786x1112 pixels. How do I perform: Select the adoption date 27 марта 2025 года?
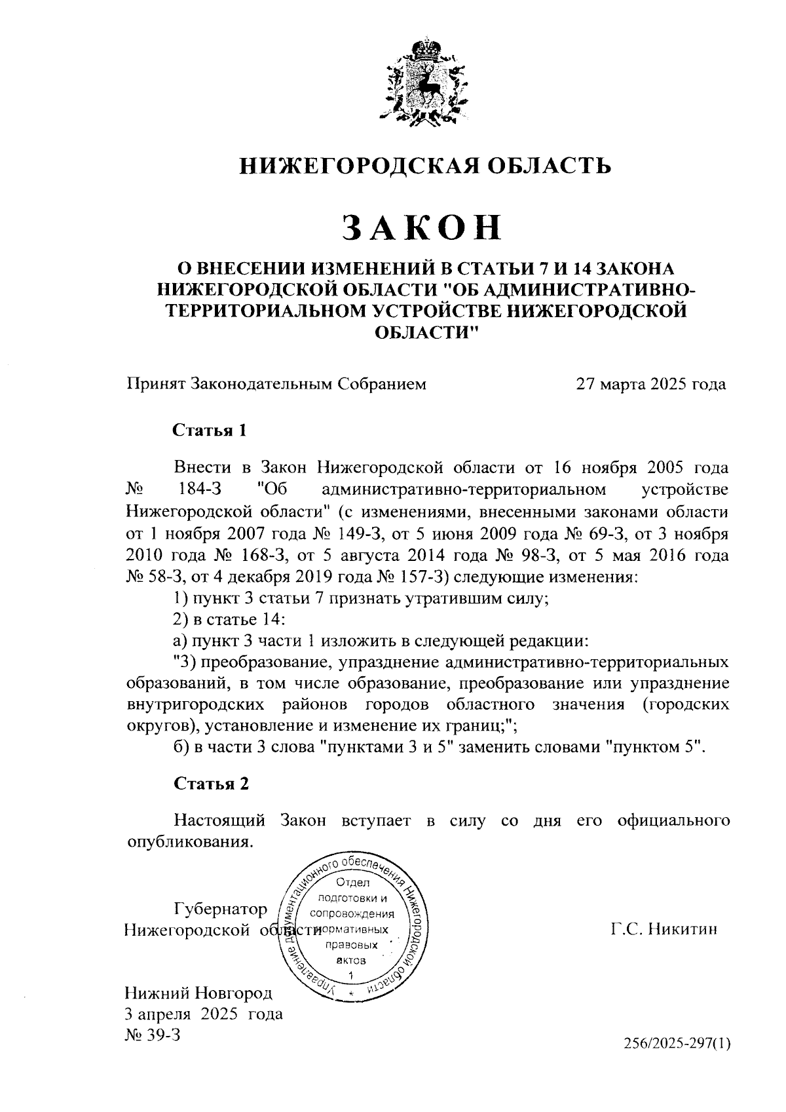650,383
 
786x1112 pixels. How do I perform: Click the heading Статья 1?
210,431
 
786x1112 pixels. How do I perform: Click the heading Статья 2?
211,784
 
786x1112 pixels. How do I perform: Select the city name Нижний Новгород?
198,993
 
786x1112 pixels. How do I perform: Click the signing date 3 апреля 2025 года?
204,1014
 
